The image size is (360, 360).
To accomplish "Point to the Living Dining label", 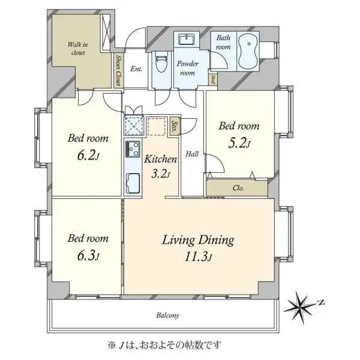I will coord(197,241).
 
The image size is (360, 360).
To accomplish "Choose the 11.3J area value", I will coord(199,258).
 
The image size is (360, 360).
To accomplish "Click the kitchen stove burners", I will coord(131,148).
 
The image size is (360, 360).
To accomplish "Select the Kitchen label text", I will coord(160,160).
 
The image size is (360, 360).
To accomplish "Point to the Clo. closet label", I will coord(238,188).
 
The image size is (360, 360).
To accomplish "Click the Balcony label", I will coord(167,315).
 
